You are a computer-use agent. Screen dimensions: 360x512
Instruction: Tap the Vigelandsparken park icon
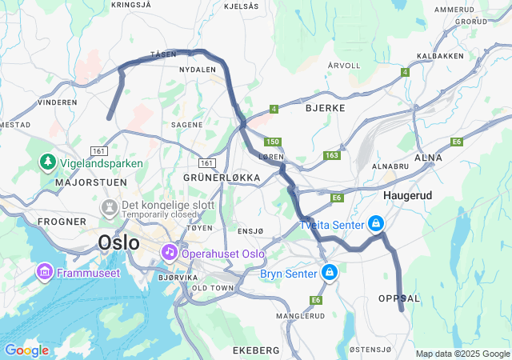pos(47,163)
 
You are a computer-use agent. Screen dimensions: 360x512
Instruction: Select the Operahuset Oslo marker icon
pos(169,253)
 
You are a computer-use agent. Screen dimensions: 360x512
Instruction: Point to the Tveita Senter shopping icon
pos(375,224)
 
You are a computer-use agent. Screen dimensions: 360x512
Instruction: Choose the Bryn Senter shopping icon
pos(329,274)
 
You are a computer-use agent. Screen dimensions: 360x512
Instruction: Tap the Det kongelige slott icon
pos(107,208)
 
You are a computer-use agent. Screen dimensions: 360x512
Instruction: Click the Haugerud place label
pos(408,195)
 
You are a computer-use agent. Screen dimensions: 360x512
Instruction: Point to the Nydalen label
pos(198,70)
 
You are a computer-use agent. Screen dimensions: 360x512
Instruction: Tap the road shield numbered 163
pos(332,155)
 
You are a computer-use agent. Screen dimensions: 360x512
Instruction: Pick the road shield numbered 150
pos(274,142)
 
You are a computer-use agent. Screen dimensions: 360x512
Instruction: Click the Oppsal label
pos(398,298)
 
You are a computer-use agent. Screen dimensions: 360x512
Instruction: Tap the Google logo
pos(26,350)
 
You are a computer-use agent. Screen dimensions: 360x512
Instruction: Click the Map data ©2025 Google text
pos(462,354)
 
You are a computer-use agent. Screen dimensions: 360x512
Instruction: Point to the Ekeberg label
pos(255,350)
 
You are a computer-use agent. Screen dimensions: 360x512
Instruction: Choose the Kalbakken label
pos(440,56)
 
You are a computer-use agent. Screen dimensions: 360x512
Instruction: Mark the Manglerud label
pos(300,316)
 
